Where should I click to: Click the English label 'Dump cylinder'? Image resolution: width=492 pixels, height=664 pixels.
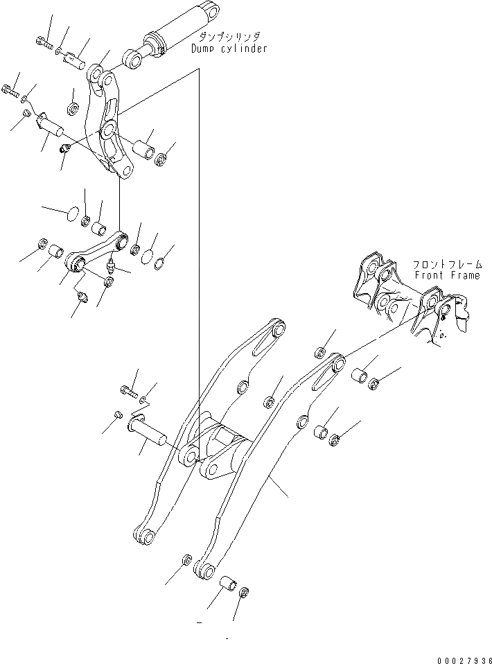click(229, 49)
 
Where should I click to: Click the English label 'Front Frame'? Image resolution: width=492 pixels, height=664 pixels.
click(447, 275)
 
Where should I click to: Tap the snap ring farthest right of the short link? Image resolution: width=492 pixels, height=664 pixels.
click(159, 263)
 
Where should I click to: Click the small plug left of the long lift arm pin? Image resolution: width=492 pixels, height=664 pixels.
click(117, 414)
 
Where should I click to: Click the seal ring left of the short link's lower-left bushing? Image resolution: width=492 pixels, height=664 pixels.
click(41, 244)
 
